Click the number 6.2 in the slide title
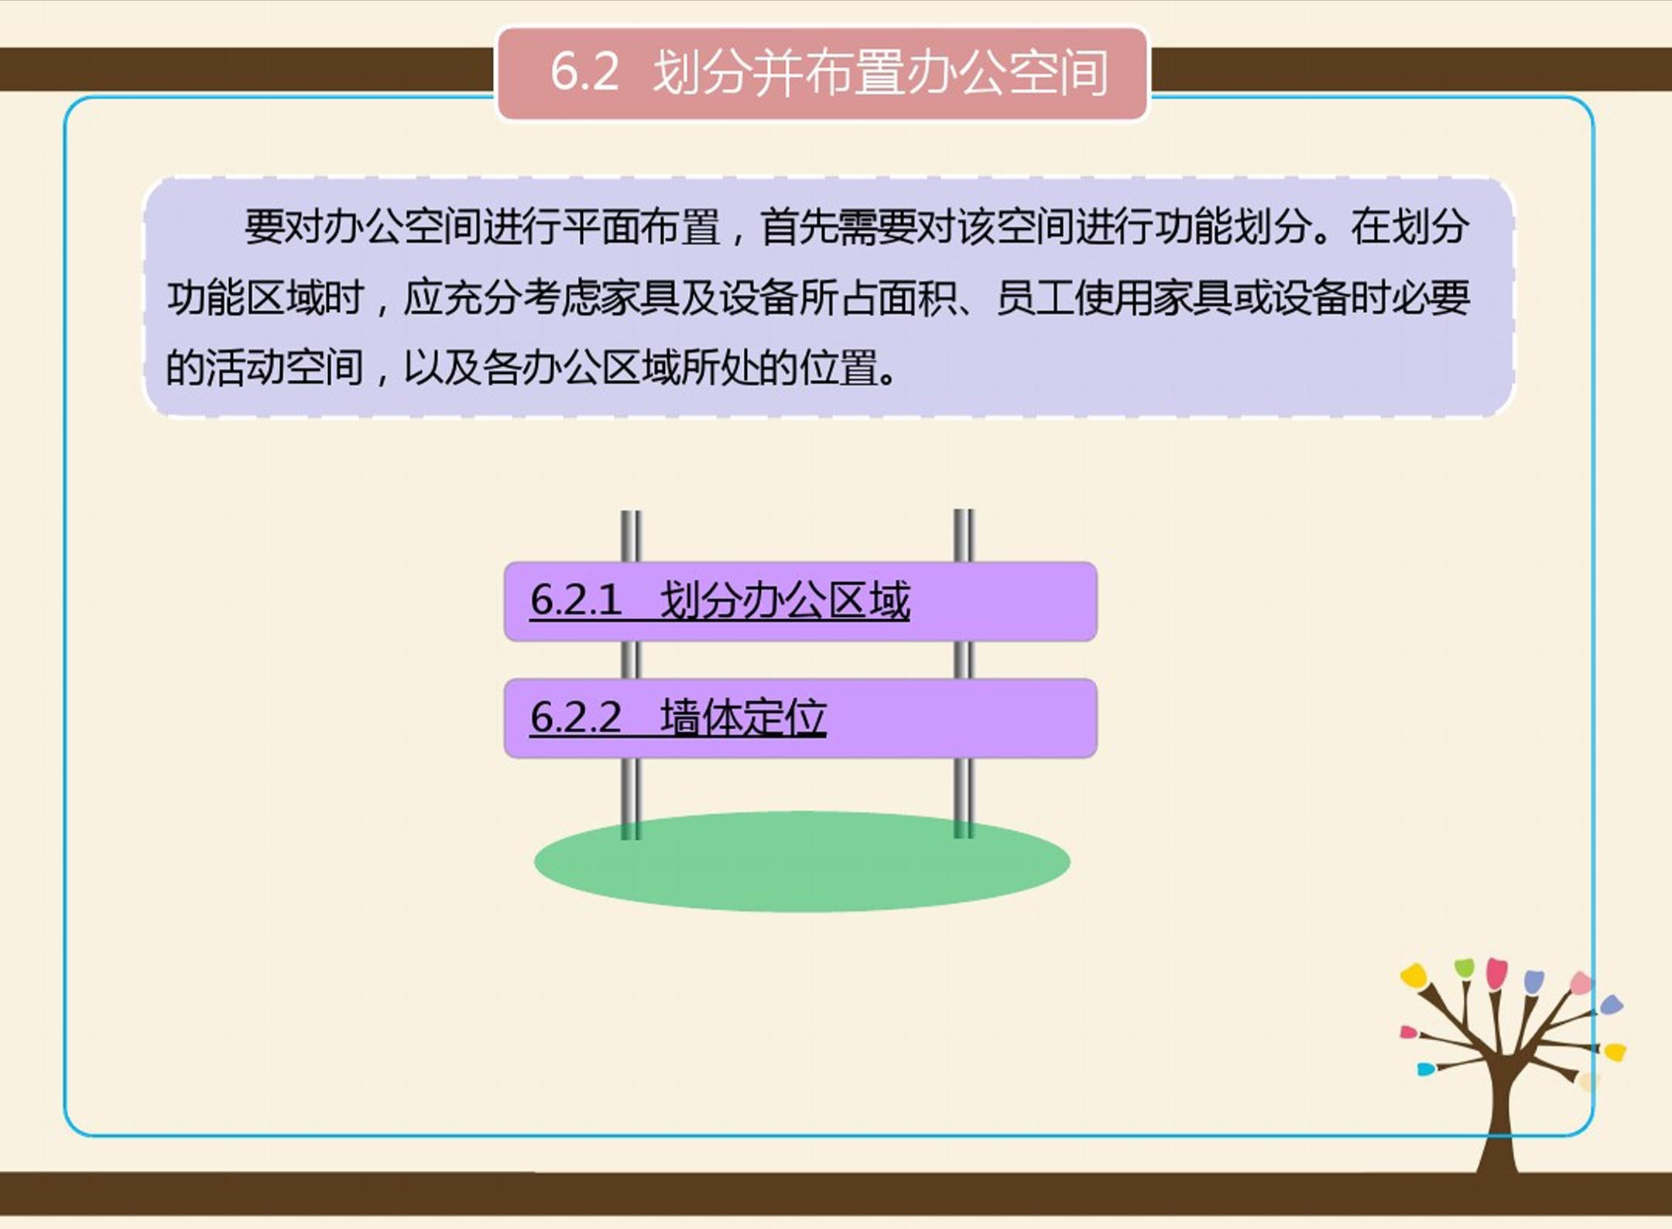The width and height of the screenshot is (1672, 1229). tap(584, 71)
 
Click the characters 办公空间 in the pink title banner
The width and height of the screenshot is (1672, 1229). tap(1008, 73)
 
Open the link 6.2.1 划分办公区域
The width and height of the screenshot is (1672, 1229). tap(720, 601)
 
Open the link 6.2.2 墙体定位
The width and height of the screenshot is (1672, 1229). tap(678, 717)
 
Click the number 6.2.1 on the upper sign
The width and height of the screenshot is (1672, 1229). tap(576, 601)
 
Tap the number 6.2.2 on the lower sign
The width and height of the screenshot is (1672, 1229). tap(576, 717)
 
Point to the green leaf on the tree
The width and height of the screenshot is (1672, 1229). tap(1464, 967)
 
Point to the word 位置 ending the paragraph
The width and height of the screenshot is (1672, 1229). tap(839, 368)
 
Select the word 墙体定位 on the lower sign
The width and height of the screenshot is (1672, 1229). tap(743, 717)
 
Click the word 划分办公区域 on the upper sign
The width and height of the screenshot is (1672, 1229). tap(785, 601)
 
